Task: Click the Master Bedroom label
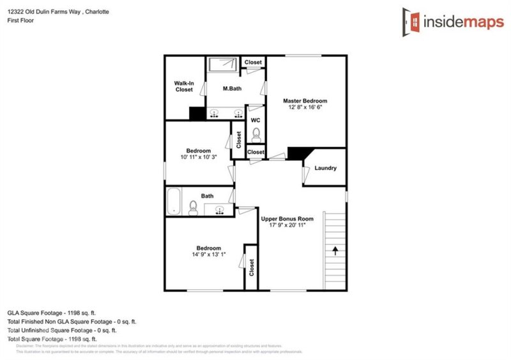point(305,101)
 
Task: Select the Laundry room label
point(326,169)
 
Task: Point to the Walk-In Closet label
point(184,86)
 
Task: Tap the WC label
point(255,120)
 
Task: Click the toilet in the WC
point(256,135)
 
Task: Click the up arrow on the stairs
point(334,250)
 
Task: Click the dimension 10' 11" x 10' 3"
point(198,158)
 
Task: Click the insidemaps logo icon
point(411,20)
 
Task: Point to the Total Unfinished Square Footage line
point(61,330)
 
